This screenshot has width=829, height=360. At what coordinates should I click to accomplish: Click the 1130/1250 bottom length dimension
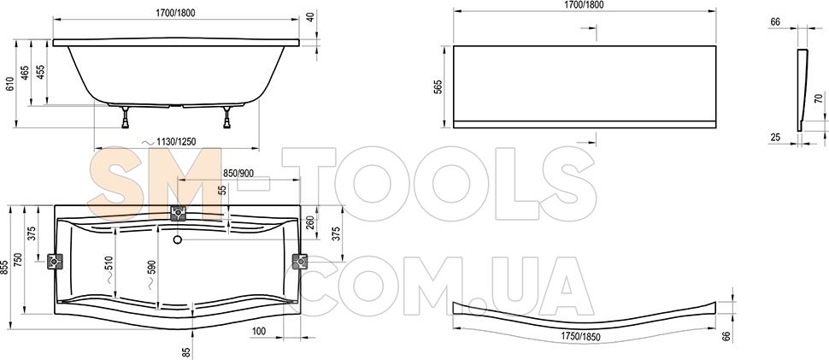point(172,142)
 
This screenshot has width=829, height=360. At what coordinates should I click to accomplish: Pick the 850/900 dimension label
point(238,173)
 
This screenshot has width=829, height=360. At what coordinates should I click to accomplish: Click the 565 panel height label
point(438,87)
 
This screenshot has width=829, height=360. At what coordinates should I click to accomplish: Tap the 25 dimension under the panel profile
point(775,138)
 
